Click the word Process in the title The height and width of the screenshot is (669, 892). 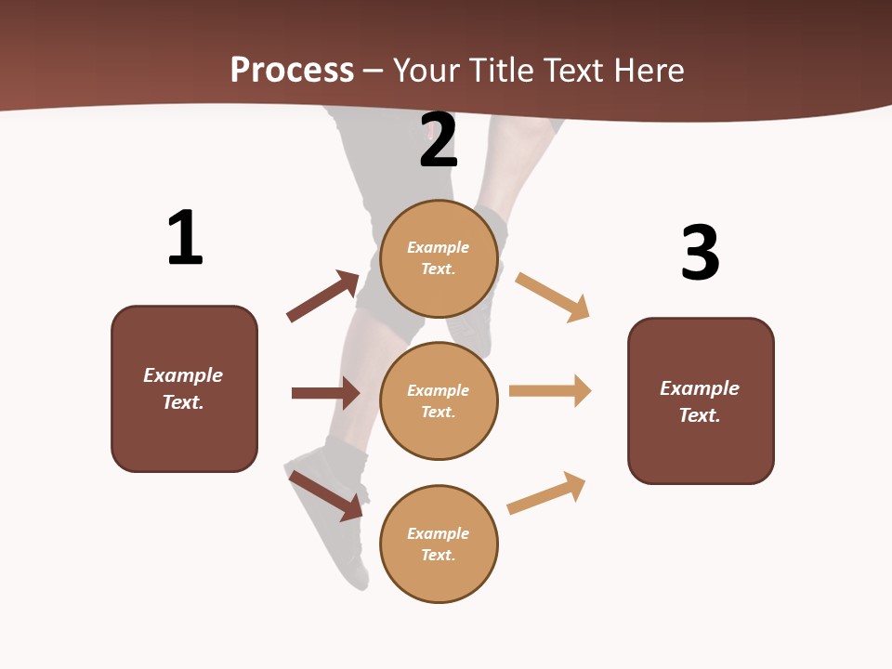tap(292, 70)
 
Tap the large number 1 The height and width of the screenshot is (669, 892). tap(185, 238)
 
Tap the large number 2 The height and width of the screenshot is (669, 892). tap(439, 139)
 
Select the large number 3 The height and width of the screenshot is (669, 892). tap(700, 253)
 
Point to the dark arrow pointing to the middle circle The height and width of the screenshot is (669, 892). tap(325, 393)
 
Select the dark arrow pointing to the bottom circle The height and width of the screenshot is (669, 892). tap(326, 495)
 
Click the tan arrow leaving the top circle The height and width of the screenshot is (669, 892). tap(552, 296)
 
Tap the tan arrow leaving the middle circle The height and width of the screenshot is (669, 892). tap(550, 390)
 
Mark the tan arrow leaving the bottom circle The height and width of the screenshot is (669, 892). tap(546, 492)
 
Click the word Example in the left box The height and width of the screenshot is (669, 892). tap(183, 375)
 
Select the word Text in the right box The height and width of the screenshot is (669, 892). tap(699, 415)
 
